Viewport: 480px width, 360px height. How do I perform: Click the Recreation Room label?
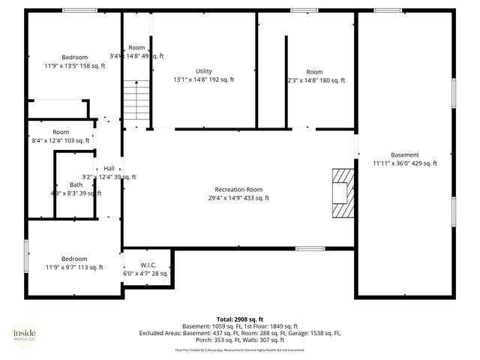pyautogui.click(x=238, y=189)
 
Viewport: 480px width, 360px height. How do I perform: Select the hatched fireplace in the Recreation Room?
pyautogui.click(x=342, y=191)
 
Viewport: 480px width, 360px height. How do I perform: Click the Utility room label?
pyautogui.click(x=204, y=71)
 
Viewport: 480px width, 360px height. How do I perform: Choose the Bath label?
pyautogui.click(x=76, y=184)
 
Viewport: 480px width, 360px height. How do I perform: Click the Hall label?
pyautogui.click(x=109, y=168)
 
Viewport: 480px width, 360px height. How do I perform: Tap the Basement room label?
pyautogui.click(x=405, y=154)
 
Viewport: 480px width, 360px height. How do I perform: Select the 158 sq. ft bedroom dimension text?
pyautogui.click(x=75, y=66)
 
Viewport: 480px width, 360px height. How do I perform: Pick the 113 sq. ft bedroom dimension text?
pyautogui.click(x=75, y=267)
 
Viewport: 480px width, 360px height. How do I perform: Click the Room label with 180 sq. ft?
pyautogui.click(x=315, y=72)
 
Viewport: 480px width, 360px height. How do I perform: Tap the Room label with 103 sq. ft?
pyautogui.click(x=61, y=132)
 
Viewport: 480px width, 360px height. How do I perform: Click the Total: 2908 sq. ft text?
pyautogui.click(x=240, y=319)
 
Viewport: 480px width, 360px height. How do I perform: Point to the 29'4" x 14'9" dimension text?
pyautogui.click(x=238, y=198)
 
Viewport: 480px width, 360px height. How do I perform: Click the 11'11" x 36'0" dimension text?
pyautogui.click(x=405, y=163)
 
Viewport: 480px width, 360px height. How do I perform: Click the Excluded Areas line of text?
pyautogui.click(x=240, y=333)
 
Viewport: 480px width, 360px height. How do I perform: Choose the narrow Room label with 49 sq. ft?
pyautogui.click(x=136, y=47)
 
